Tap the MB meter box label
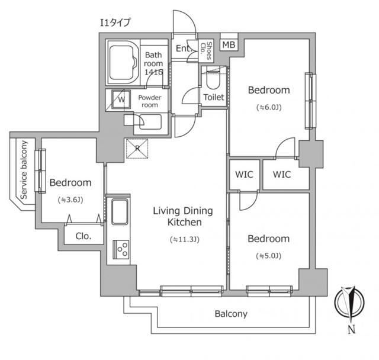pos(228,44)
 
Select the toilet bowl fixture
pos(213,79)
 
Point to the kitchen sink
pos(120,212)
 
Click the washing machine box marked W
pos(120,99)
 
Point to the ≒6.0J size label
pos(268,107)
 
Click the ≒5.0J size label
pos(268,256)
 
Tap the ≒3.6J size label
pos(70,200)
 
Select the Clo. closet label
pos(83,236)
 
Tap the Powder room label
pos(148,101)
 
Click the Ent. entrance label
pos(181,49)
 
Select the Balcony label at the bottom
pos(230,314)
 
